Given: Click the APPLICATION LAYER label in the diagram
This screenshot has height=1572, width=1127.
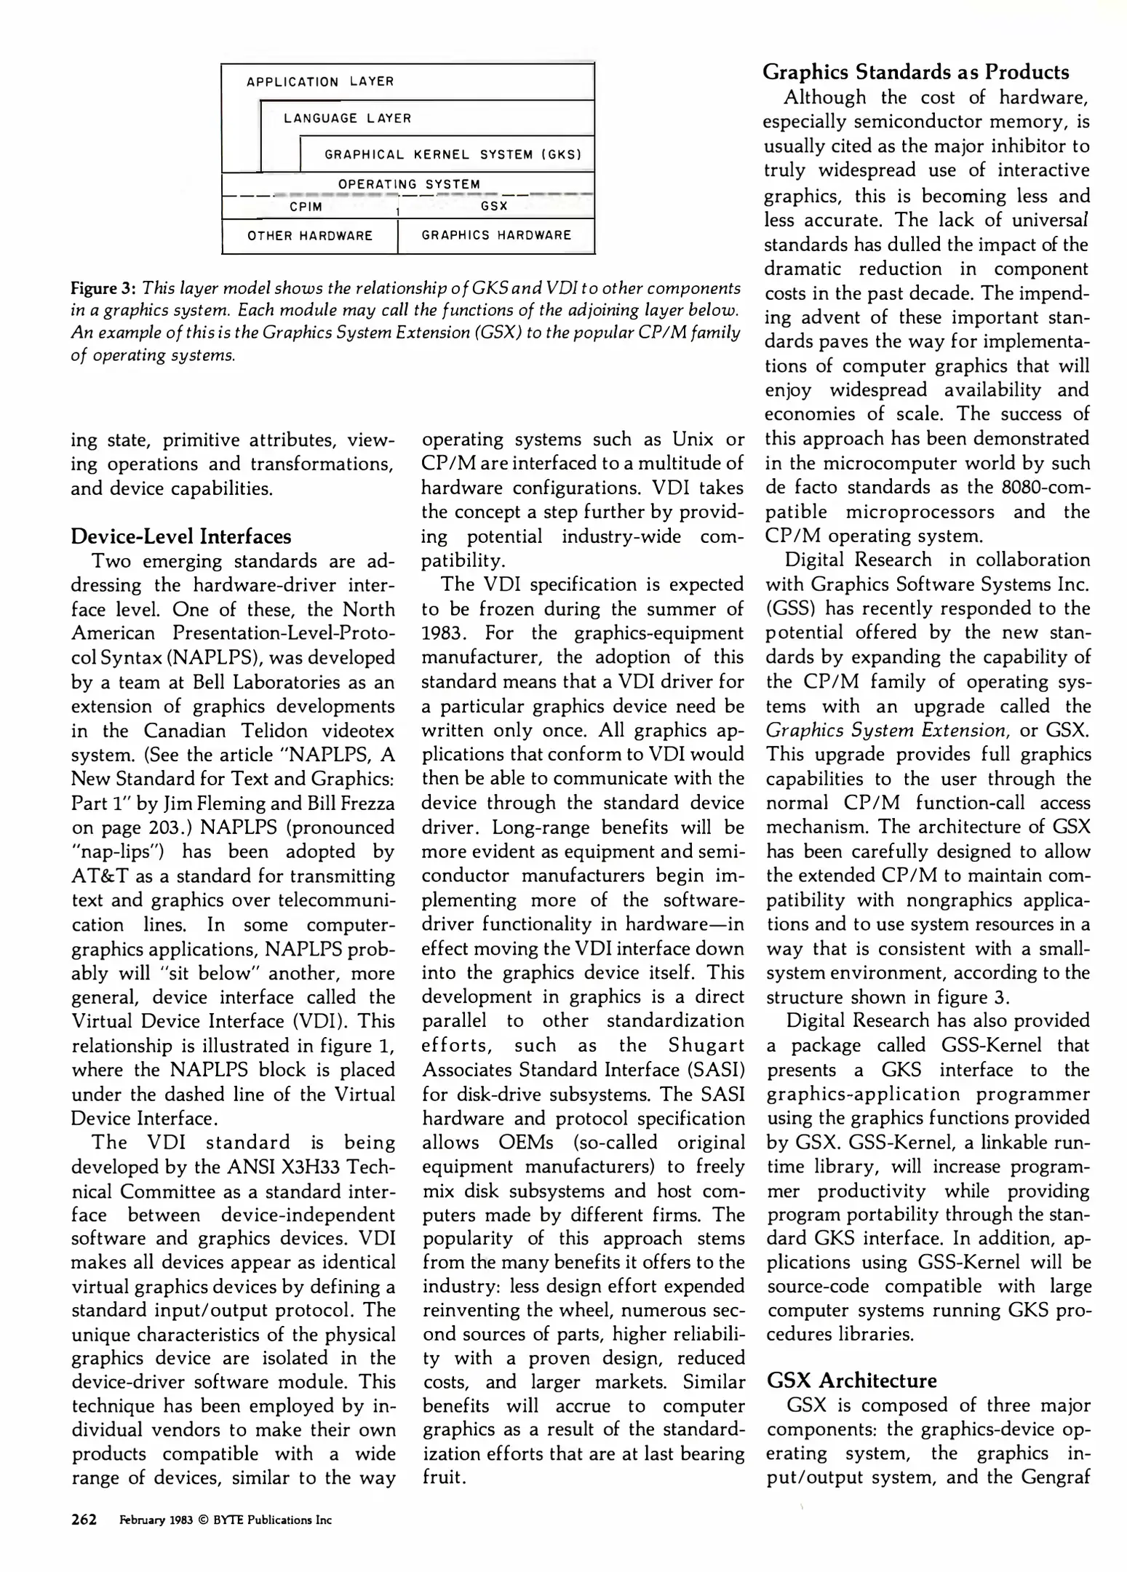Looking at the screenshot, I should (320, 82).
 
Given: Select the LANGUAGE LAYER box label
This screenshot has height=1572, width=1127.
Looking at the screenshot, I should (347, 118).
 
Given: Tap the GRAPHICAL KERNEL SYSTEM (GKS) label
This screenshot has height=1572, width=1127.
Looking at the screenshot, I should (453, 154).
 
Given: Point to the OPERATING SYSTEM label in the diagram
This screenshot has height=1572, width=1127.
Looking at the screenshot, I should (409, 184).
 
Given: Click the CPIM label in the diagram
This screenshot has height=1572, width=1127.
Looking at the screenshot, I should (306, 207).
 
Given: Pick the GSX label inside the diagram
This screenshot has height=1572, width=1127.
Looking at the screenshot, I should (494, 207).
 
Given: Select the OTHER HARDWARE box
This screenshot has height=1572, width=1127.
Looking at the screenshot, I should (310, 236).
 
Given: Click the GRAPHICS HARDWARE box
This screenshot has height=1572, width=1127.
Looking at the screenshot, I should (496, 235).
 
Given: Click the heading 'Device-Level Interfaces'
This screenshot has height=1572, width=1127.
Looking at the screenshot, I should (180, 536).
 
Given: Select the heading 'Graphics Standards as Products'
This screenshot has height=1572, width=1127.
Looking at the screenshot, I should (916, 72).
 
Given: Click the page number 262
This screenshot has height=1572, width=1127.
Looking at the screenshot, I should (84, 1520).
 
